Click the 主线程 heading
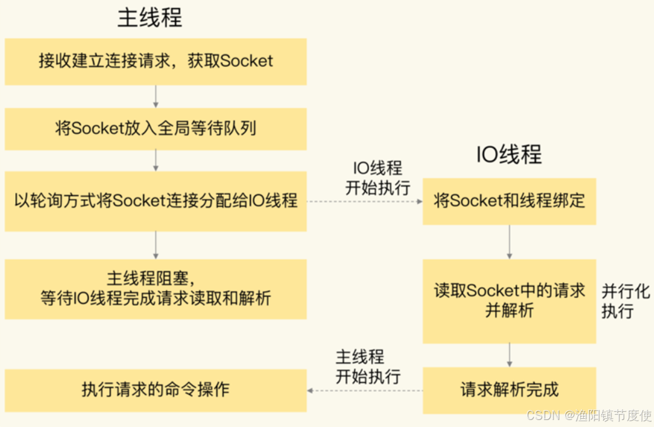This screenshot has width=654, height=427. point(150,18)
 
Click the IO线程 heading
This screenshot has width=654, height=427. point(509,154)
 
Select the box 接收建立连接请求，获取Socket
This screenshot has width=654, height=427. point(155,61)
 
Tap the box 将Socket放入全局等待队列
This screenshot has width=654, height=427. point(155,129)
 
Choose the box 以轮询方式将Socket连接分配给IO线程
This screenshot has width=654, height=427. point(155,201)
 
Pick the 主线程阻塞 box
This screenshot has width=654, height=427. point(155,290)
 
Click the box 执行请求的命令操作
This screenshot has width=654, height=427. point(155,390)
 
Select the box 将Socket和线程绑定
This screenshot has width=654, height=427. point(509,201)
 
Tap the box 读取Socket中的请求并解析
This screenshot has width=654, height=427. point(509,301)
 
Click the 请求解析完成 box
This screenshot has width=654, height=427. point(509,390)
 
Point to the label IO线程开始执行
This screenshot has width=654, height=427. point(378,178)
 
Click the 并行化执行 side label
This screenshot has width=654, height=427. point(625,301)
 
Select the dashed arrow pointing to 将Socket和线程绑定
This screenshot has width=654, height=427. point(365,202)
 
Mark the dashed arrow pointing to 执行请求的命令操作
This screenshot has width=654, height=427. point(365,391)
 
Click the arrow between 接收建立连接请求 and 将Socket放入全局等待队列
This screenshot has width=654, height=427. point(155,97)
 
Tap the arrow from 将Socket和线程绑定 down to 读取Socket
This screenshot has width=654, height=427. point(509,242)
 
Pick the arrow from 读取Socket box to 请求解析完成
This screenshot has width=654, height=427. point(509,354)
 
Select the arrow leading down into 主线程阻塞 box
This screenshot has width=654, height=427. point(155,245)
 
